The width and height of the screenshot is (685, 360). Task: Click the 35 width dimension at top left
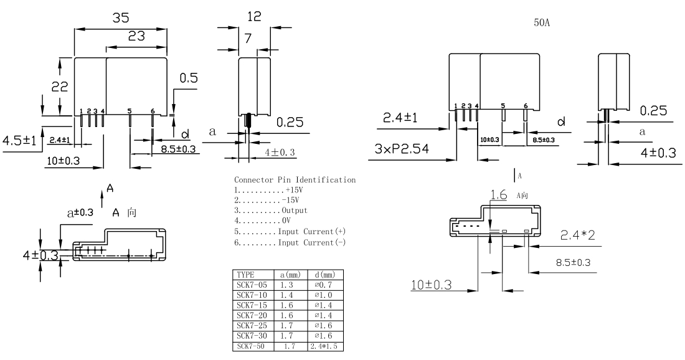[121, 17]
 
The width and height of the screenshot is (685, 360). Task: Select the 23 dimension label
[136, 36]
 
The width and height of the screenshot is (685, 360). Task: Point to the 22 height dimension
[60, 87]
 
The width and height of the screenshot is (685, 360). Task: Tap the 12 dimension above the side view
[254, 17]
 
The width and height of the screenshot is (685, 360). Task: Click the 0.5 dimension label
[189, 78]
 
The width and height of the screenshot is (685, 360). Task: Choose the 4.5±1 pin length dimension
[19, 141]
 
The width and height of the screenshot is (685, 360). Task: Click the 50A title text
[542, 22]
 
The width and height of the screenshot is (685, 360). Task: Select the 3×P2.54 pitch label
[402, 149]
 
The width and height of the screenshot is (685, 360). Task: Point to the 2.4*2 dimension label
[577, 235]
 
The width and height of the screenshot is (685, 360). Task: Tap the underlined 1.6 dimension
[499, 194]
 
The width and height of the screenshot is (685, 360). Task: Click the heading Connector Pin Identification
[295, 179]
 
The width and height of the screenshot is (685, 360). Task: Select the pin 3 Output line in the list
[271, 211]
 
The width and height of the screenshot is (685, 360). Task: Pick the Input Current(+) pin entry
[290, 232]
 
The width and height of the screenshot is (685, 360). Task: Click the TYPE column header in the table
[245, 275]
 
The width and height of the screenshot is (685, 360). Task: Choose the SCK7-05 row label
[252, 285]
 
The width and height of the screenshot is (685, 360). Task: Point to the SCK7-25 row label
[252, 326]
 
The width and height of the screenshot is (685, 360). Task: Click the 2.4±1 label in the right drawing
[400, 118]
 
